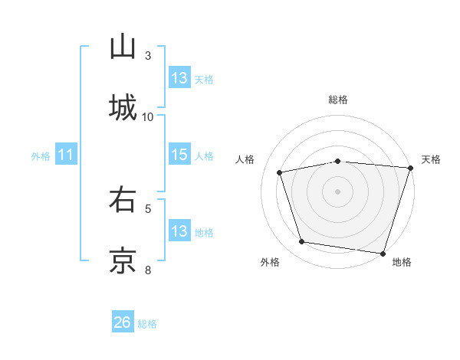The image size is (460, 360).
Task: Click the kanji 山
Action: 123,47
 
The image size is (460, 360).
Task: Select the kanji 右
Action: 123,201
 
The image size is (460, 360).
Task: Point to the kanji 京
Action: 123,259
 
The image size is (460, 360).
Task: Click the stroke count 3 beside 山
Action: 148,56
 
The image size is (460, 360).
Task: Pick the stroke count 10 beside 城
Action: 148,116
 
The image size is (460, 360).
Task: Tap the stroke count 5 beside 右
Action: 148,208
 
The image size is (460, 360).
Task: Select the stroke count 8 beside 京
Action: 148,269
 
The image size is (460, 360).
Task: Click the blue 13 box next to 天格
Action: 179,78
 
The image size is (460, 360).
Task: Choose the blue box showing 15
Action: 179,155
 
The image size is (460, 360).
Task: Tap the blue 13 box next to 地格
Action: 179,231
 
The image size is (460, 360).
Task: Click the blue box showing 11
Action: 66,155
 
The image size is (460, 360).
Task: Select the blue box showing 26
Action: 123,322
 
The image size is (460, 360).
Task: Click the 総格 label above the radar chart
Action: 338,100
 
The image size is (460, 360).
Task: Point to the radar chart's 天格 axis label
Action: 431,159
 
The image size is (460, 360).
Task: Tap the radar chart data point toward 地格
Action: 383,253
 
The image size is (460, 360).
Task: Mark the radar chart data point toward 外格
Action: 302,242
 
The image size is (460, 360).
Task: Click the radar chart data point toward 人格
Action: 280,172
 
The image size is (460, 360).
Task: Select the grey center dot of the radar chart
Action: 338,191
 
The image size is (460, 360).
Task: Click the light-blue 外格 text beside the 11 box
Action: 41,156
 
